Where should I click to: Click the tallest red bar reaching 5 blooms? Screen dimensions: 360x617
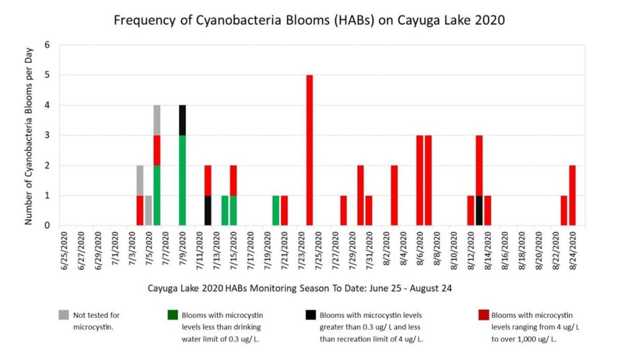point(309,150)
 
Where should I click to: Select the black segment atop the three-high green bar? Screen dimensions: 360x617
point(182,120)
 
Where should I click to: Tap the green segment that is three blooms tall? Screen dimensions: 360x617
point(182,180)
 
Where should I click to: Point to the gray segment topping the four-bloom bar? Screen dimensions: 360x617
point(157,120)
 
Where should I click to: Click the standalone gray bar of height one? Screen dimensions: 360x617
point(148,210)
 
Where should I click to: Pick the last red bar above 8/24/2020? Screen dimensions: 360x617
point(572,195)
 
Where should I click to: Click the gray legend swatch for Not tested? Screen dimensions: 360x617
point(64,315)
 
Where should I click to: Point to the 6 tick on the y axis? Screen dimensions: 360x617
point(48,45)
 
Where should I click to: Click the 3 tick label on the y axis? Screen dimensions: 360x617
point(48,136)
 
